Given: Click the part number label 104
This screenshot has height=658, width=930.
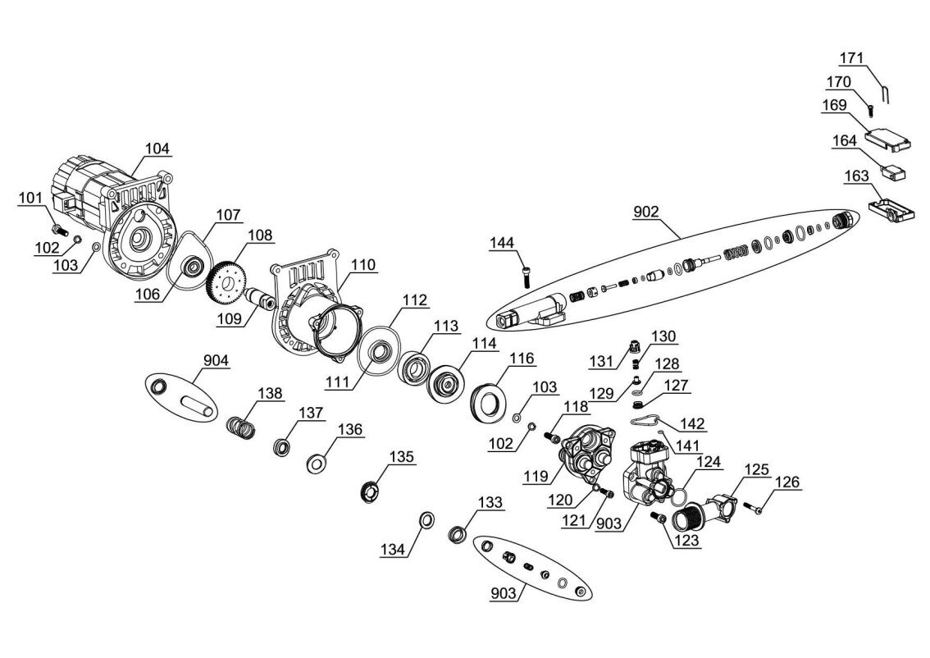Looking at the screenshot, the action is pyautogui.click(x=157, y=148).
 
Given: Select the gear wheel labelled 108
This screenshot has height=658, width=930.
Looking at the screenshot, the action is pyautogui.click(x=223, y=281).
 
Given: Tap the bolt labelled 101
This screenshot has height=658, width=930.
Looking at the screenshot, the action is pyautogui.click(x=59, y=228).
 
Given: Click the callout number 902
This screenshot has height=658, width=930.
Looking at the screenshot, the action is pyautogui.click(x=646, y=212).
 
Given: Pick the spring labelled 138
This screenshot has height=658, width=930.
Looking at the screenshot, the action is pyautogui.click(x=243, y=427).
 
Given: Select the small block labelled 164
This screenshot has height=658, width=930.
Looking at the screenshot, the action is pyautogui.click(x=894, y=172).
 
